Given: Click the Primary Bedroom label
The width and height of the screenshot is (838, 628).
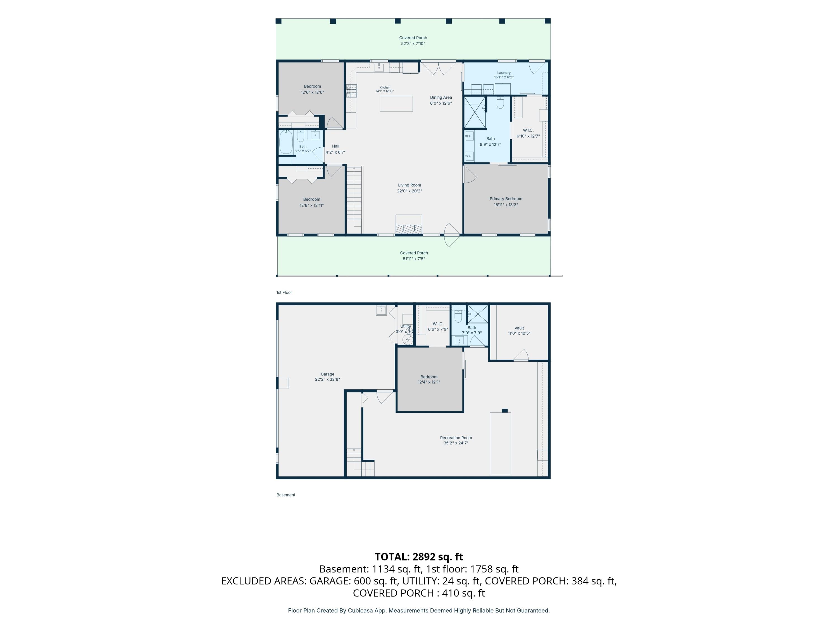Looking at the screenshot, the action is pyautogui.click(x=506, y=199).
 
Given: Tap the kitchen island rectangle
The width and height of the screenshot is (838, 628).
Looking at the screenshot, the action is pyautogui.click(x=396, y=104).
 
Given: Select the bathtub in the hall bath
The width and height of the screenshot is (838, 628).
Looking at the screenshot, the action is pyautogui.click(x=286, y=142).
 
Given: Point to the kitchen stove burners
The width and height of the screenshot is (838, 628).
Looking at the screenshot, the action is pyautogui.click(x=351, y=91).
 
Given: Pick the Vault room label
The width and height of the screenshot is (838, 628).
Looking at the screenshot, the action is pyautogui.click(x=519, y=328).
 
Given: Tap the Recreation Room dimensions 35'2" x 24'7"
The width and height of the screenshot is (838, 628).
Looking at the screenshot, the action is pyautogui.click(x=456, y=443).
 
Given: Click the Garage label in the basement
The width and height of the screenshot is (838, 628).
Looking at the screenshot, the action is pyautogui.click(x=327, y=374).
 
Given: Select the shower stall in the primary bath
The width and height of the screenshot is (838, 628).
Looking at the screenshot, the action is pyautogui.click(x=475, y=112).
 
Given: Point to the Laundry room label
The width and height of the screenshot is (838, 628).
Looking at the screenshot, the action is pyautogui.click(x=504, y=73).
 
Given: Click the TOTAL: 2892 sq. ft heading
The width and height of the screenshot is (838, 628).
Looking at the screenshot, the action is pyautogui.click(x=419, y=557).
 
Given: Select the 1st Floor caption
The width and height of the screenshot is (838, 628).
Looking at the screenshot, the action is pyautogui.click(x=284, y=293).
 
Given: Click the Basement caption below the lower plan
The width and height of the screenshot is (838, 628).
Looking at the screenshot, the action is pyautogui.click(x=286, y=495).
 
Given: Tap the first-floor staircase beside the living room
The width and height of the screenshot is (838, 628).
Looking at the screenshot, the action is pyautogui.click(x=354, y=200).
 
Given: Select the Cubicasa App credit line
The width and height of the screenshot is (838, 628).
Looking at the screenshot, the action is pyautogui.click(x=419, y=610).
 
